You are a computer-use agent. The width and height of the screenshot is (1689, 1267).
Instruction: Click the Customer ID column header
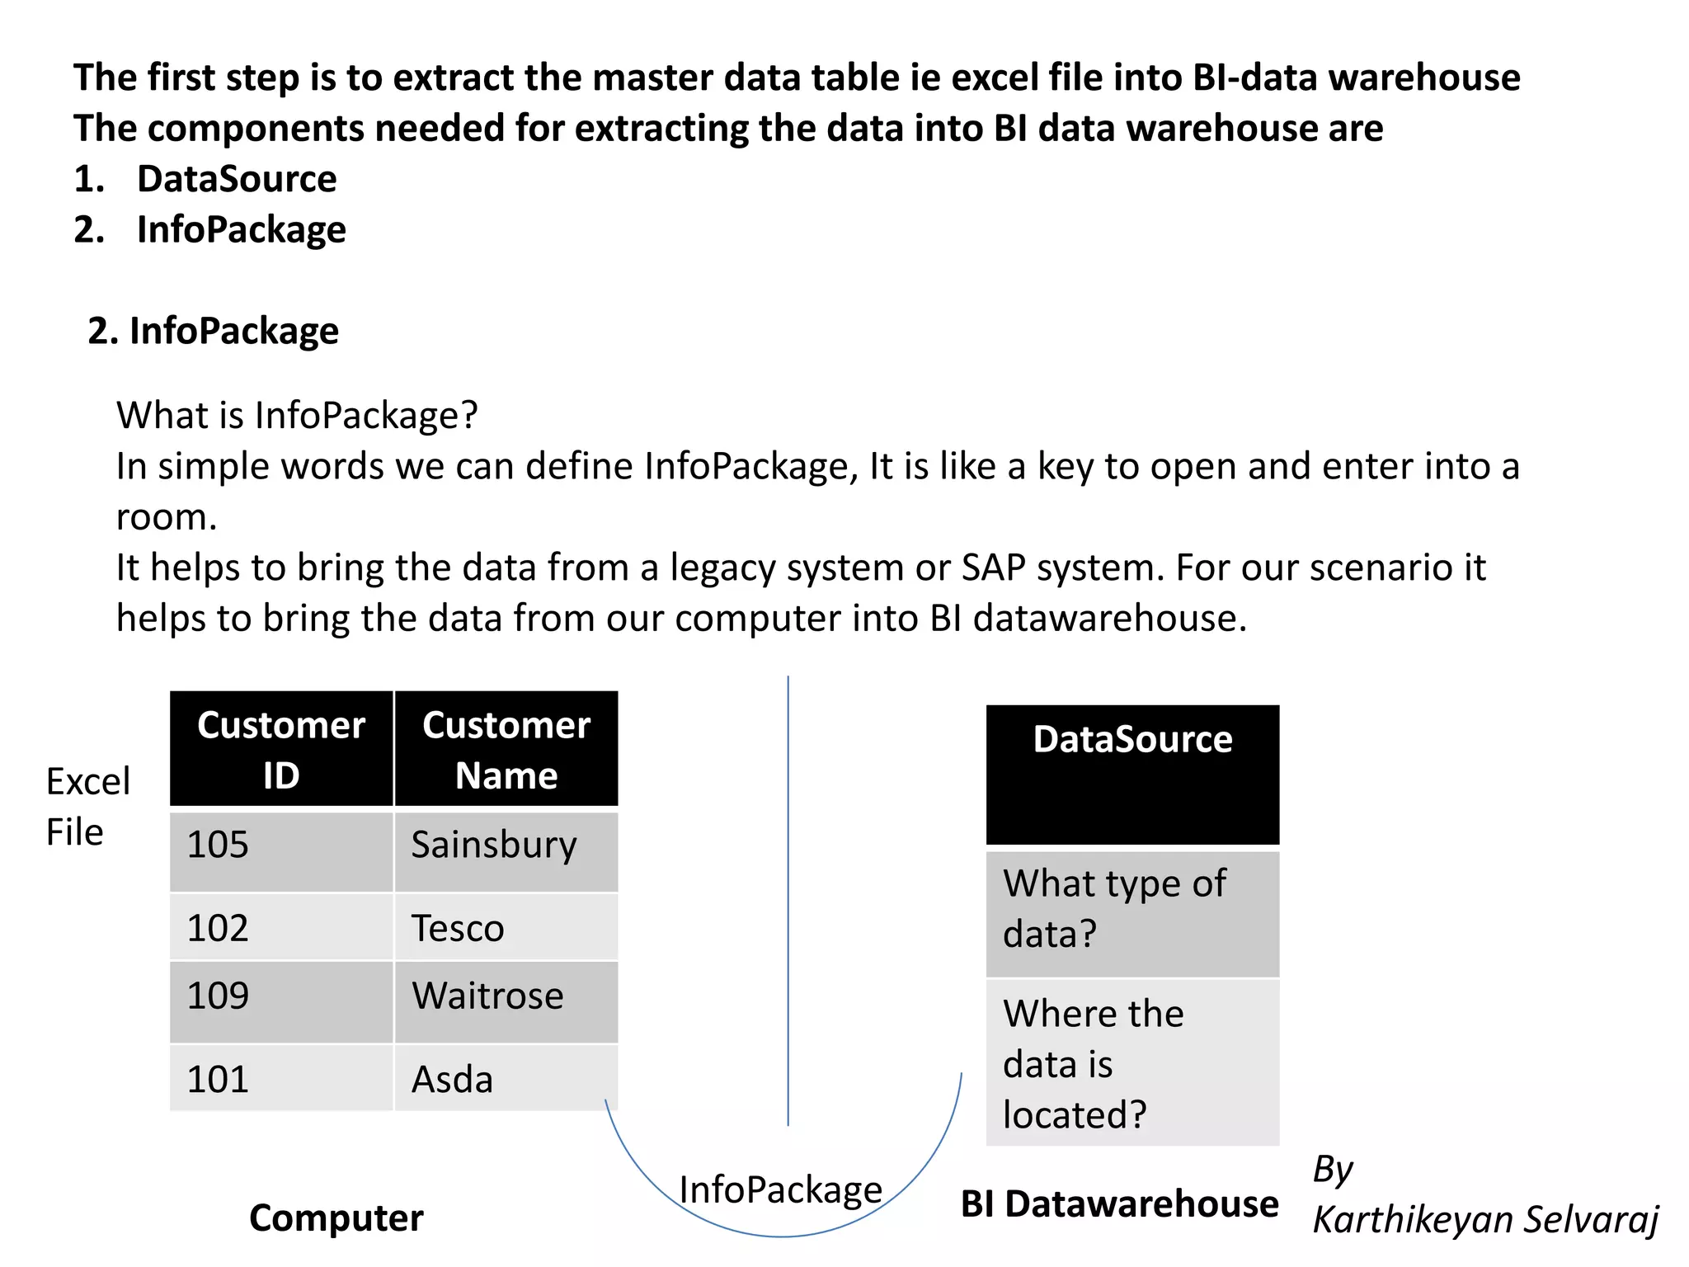[281, 749]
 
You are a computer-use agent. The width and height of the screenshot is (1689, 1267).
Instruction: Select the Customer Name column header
[506, 749]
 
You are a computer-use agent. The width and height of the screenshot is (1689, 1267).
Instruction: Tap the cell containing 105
[281, 851]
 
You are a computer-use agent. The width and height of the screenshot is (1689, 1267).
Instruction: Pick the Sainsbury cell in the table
[506, 851]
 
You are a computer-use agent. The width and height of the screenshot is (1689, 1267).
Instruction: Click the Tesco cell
[506, 927]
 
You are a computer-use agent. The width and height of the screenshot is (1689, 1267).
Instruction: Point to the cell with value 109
[281, 1001]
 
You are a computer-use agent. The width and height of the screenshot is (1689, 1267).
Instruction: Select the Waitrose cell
[506, 1001]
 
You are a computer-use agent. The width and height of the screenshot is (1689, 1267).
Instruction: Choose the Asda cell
[506, 1078]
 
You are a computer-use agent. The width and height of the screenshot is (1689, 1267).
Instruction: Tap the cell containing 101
[281, 1078]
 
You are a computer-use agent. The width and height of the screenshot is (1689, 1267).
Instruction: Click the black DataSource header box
[1132, 774]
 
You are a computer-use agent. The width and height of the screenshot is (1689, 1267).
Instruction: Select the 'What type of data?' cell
[1132, 912]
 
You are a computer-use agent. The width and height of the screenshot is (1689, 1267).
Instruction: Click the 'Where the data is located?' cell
[1132, 1062]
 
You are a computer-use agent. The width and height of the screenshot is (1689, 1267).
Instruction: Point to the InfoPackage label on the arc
[781, 1190]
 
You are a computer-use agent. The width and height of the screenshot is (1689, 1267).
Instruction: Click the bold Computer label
[336, 1218]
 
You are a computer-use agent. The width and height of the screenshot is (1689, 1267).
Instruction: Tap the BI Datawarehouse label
[1119, 1204]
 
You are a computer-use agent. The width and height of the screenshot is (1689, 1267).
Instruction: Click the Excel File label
[87, 806]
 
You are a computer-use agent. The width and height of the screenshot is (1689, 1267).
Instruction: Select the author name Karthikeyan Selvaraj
[1484, 1220]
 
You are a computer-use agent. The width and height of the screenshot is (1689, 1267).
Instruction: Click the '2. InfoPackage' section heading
[214, 331]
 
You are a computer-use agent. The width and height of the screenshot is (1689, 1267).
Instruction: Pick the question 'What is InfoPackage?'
[297, 415]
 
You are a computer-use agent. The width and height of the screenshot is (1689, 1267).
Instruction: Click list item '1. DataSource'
[205, 179]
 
